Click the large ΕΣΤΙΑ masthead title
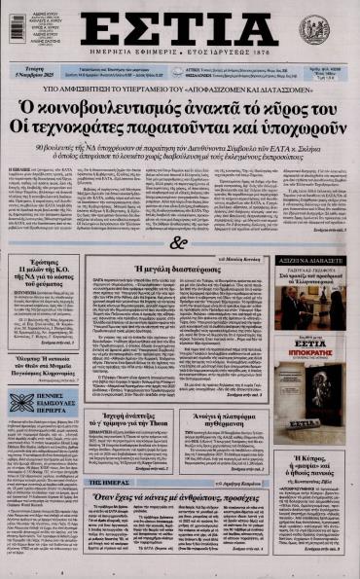(179, 28)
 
